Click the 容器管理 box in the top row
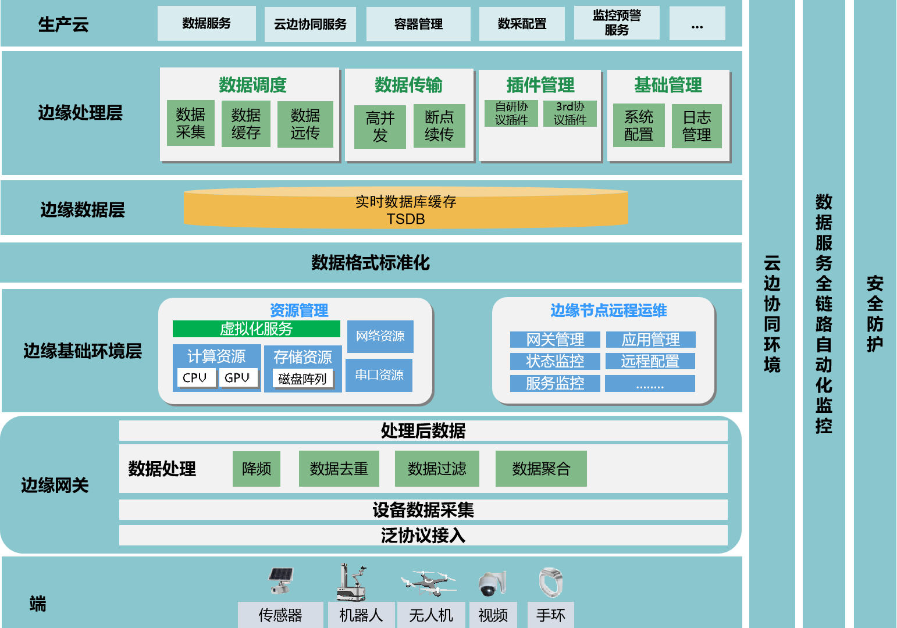point(418,24)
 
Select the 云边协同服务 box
point(310,24)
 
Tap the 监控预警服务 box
point(617,23)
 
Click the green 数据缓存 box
point(245,124)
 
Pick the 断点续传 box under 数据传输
point(439,126)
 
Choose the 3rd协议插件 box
point(570,113)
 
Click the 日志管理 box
point(696,126)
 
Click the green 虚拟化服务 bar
point(256,329)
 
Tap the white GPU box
point(237,378)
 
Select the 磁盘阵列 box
point(302,379)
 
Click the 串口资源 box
point(379,375)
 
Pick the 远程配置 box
point(650,361)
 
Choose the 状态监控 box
point(555,361)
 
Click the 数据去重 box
point(339,469)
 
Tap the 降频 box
point(257,469)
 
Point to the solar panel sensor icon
point(280,580)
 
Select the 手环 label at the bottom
point(550,615)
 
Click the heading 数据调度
point(252,85)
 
